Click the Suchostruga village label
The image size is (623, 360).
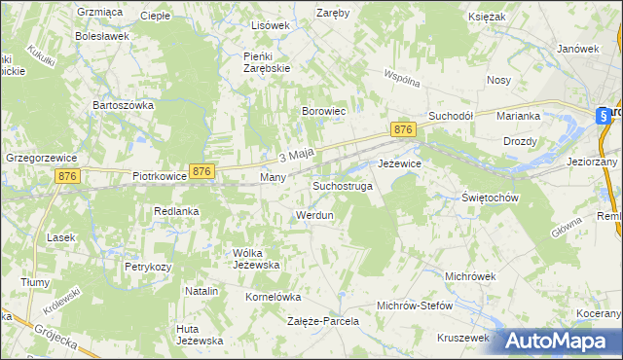tap(342, 185)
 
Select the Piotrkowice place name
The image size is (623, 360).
tap(159, 178)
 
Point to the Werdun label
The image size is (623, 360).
tap(313, 214)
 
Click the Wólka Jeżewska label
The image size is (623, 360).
tap(257, 259)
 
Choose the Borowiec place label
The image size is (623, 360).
tap(324, 112)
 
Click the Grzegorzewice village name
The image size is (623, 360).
tap(40, 156)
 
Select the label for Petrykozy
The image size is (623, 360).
tap(148, 266)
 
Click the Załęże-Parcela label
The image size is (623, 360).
tap(323, 320)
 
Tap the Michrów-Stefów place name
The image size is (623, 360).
tap(415, 305)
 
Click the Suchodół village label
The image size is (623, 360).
tap(451, 115)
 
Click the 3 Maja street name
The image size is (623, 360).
tap(295, 155)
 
